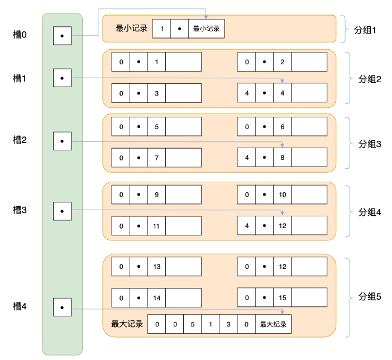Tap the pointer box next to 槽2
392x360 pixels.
click(62, 141)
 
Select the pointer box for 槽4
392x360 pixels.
click(62, 307)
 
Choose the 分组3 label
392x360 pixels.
click(369, 144)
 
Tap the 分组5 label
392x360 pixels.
click(369, 297)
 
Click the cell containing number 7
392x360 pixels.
click(156, 158)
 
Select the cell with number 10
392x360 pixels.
click(282, 195)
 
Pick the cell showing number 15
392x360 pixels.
click(282, 298)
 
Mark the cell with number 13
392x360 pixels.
click(156, 267)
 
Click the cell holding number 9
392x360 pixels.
click(156, 195)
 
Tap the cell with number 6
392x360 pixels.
click(282, 127)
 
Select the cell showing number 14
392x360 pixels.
click(156, 298)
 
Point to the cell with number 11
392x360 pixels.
click(156, 226)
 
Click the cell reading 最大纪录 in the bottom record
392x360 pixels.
click(273, 324)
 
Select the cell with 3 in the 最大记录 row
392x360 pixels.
click(228, 324)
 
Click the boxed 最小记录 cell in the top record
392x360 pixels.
click(206, 29)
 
